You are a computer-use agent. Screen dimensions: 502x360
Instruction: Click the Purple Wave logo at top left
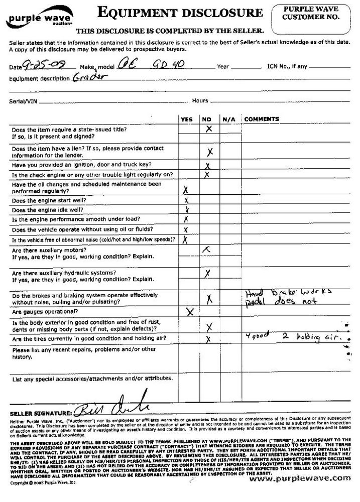click(33, 18)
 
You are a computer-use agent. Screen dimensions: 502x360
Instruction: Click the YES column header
click(186, 119)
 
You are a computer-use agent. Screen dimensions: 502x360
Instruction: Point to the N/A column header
click(229, 119)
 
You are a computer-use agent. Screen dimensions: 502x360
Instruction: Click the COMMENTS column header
click(261, 119)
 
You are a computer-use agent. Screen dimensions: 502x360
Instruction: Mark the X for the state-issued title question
click(209, 129)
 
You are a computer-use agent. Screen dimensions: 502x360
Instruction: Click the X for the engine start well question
click(186, 200)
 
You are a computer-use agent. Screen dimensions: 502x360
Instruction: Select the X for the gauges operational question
click(190, 312)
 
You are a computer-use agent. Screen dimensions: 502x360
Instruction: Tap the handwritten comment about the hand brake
click(282, 297)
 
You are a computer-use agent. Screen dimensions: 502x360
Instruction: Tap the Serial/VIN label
click(24, 101)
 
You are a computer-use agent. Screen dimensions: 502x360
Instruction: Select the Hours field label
click(200, 101)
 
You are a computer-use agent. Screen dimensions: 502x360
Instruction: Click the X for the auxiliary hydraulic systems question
click(207, 274)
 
